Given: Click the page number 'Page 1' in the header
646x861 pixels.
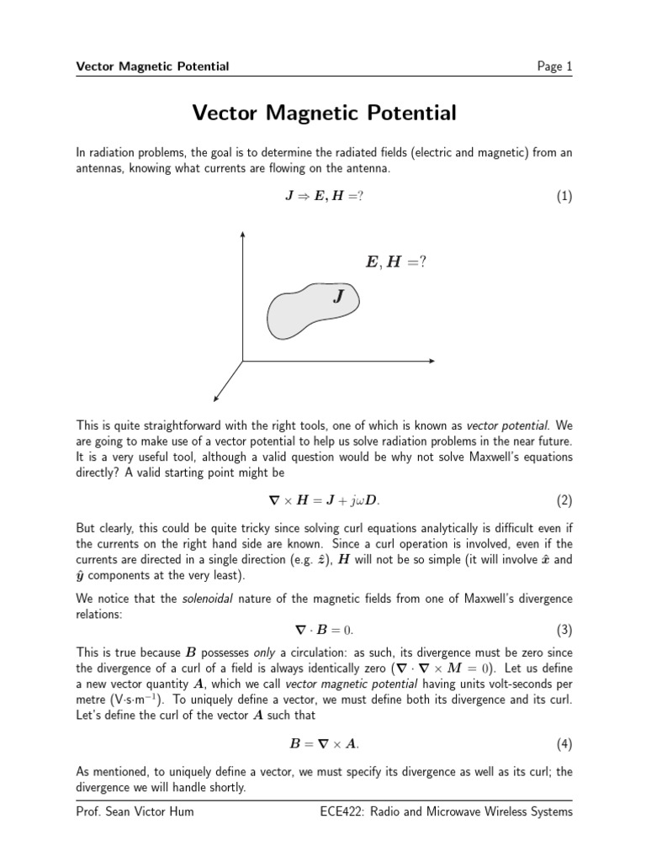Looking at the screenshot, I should [554, 66].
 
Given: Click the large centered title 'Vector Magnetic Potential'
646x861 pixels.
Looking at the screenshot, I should [324, 113].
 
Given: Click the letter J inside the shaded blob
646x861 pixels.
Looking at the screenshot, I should [338, 296].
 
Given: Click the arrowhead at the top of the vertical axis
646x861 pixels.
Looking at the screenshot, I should [243, 233].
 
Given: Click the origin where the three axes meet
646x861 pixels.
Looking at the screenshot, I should [243, 362].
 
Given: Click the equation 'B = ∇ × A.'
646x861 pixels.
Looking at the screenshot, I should [323, 744].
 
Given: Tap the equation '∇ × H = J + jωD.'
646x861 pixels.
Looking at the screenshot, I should [323, 501].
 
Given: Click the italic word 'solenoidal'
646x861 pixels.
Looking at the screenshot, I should [206, 599].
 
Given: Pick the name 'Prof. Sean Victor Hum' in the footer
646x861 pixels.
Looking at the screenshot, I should [130, 811].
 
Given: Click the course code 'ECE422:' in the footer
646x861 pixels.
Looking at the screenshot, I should [345, 811].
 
